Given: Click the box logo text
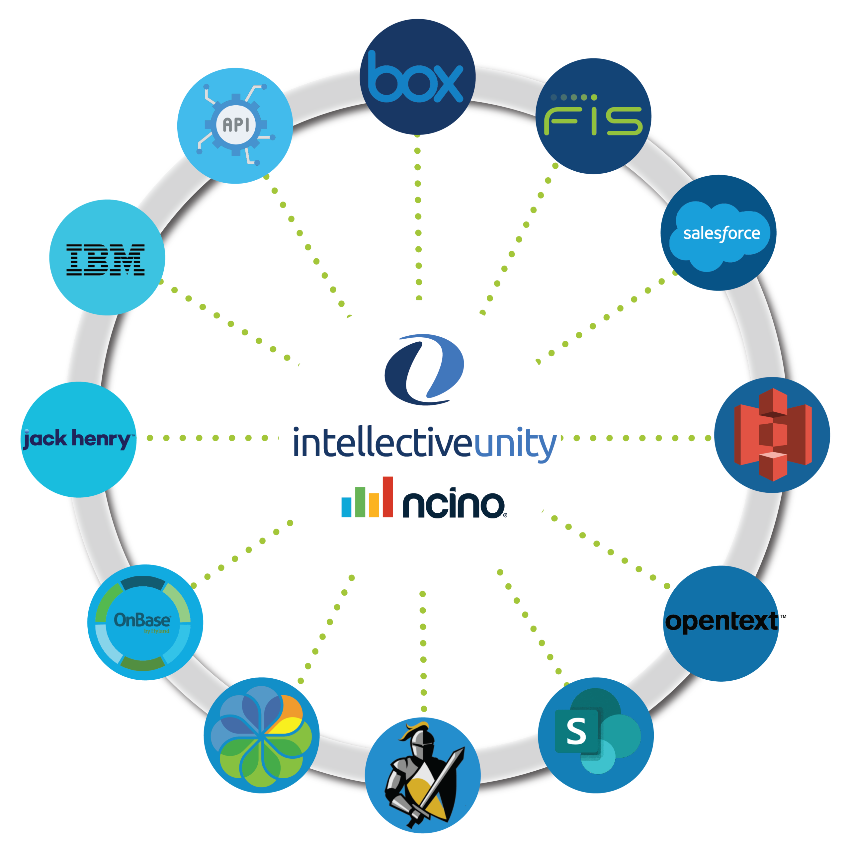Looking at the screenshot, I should pos(416,78).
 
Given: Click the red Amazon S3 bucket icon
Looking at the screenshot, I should pos(773,435).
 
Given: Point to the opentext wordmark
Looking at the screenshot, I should pos(722,622).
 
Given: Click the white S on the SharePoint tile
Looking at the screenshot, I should pos(576,731).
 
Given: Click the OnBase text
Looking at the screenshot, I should pos(142,620).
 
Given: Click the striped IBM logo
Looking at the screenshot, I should pos(106,260).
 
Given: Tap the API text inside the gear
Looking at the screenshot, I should pos(236,125).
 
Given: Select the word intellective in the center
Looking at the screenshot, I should pos(383,444).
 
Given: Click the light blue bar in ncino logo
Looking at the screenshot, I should pos(347,507).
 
